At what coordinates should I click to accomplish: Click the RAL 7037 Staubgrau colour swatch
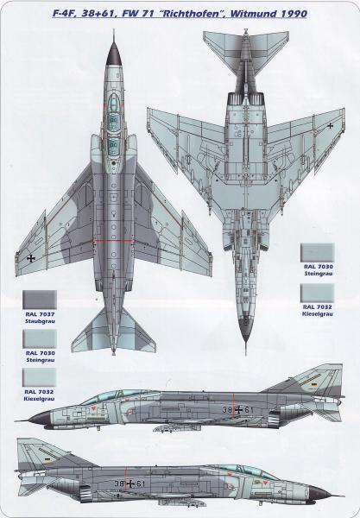(40, 300)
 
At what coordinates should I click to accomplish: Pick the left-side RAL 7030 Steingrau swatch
(40, 338)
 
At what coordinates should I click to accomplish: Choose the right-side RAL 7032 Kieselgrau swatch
(317, 293)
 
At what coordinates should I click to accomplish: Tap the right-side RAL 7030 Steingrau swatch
(317, 253)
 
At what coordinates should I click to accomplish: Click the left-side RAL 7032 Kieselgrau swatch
(40, 377)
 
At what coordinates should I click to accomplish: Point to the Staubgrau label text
(40, 321)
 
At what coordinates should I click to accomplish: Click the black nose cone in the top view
(114, 54)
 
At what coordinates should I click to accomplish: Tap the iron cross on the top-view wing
(31, 258)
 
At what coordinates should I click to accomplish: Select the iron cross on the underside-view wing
(331, 125)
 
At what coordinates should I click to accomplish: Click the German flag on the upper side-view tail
(313, 385)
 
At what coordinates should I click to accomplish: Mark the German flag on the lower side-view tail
(47, 459)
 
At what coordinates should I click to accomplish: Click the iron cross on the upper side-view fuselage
(237, 410)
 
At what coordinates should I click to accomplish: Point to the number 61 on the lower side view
(141, 483)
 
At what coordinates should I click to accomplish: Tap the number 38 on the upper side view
(227, 410)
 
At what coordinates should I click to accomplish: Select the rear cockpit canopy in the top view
(114, 145)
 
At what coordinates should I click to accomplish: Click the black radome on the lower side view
(319, 494)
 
